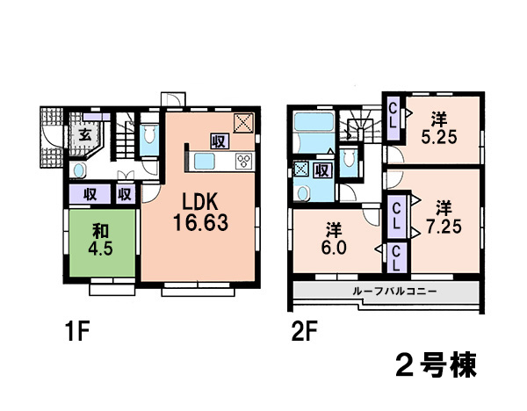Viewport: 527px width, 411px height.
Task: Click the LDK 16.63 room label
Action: tap(200, 212)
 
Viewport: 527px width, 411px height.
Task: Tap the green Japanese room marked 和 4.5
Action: tap(103, 242)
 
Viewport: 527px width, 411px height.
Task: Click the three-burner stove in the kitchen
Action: tap(244, 161)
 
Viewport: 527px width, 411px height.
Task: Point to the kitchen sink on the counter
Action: tap(204, 162)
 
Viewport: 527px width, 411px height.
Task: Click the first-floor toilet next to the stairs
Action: tap(149, 134)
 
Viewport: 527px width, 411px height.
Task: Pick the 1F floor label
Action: tap(78, 331)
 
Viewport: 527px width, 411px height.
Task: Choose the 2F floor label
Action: tap(304, 331)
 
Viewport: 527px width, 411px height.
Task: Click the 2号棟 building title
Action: tap(436, 365)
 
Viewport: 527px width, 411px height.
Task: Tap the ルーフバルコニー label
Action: tap(394, 291)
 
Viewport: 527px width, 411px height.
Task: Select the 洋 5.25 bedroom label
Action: tap(439, 128)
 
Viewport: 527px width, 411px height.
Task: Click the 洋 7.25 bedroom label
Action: tap(444, 217)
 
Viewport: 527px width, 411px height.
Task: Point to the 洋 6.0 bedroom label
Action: tap(334, 239)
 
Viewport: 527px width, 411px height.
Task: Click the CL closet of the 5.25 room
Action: tap(393, 118)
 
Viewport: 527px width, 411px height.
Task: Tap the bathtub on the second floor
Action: tap(314, 122)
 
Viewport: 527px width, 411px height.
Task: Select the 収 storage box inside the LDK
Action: tap(220, 141)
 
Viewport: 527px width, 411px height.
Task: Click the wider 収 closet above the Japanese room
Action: tap(90, 194)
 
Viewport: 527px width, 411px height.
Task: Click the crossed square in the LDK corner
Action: tap(243, 123)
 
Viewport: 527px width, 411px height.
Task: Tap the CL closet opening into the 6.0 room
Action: tap(396, 257)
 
